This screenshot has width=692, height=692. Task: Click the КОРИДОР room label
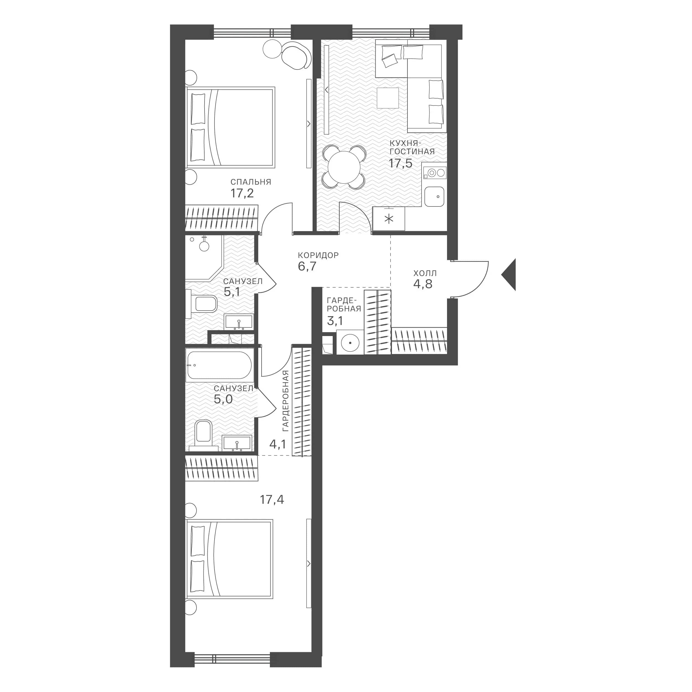pos(318,255)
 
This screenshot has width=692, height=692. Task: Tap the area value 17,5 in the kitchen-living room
pos(401,163)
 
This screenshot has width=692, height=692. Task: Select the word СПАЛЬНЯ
pos(251,182)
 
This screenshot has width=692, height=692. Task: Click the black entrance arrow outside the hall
pos(509,274)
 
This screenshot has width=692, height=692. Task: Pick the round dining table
pos(344,167)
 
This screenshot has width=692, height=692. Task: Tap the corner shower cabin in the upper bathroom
pos(205,257)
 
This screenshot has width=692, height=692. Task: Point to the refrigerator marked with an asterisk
pos(389,218)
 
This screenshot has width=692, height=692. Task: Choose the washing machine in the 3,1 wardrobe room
pos(350,342)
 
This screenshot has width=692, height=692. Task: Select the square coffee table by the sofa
pos(388,98)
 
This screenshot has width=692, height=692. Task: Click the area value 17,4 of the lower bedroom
pos(272,499)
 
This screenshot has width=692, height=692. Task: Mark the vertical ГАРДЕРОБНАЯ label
pos(285,401)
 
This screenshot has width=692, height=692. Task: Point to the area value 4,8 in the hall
pos(423,284)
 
